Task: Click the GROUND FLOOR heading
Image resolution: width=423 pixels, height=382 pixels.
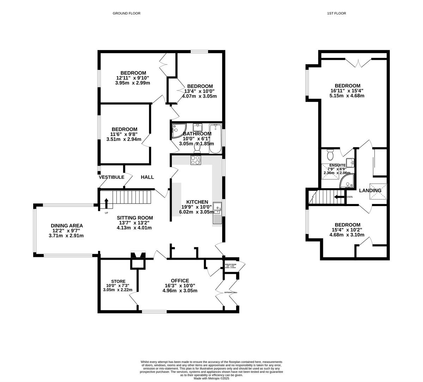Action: click(x=126, y=13)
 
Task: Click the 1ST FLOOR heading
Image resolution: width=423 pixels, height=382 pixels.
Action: click(x=336, y=13)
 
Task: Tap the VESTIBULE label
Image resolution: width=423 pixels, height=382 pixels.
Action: click(x=111, y=177)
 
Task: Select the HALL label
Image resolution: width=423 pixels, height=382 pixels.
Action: click(x=147, y=177)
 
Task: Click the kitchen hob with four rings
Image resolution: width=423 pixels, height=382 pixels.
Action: click(x=196, y=160)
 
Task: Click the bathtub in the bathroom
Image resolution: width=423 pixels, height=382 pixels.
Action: click(x=215, y=139)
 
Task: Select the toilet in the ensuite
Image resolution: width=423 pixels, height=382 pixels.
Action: click(x=330, y=155)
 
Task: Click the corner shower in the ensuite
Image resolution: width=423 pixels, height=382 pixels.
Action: click(x=347, y=181)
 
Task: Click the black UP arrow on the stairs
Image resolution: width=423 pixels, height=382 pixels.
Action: click(x=106, y=204)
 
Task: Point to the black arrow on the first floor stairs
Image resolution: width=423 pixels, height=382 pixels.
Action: click(x=339, y=197)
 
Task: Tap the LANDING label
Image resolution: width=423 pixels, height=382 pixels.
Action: click(x=370, y=191)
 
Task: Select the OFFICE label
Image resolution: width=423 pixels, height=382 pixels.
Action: click(x=180, y=281)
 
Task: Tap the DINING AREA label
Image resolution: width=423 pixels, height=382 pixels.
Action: click(x=67, y=226)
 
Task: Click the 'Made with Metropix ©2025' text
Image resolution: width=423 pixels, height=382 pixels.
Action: click(x=211, y=378)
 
